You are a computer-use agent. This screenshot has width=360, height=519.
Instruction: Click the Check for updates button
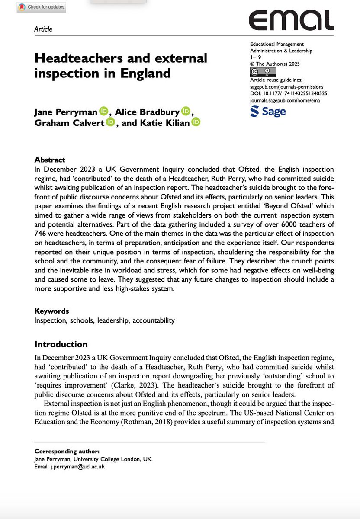coord(41,7)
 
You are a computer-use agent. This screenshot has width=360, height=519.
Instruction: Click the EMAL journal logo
coord(291,20)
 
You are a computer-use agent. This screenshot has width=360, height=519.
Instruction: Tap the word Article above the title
coord(43,29)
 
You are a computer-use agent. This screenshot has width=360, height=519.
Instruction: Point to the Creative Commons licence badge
coord(261,72)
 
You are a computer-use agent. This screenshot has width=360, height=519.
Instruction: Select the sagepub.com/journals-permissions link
coord(287,87)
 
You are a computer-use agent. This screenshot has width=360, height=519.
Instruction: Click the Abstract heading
coord(50,159)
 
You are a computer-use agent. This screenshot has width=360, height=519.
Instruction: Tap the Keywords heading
coord(51,311)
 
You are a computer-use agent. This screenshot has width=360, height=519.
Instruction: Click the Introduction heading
coord(61,344)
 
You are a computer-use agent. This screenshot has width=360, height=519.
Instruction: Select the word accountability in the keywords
coord(154,320)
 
